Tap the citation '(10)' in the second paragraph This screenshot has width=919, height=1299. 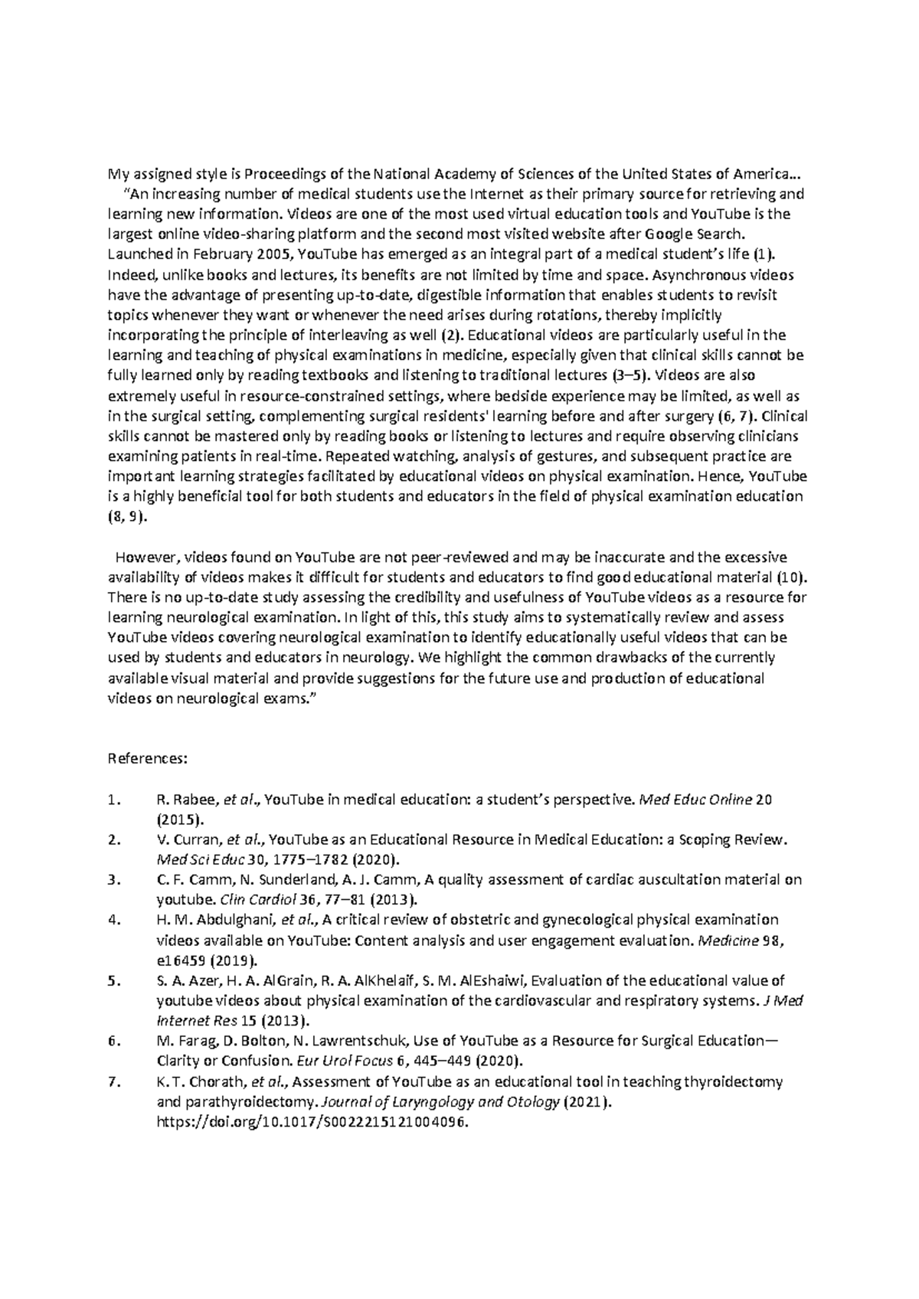coord(791,577)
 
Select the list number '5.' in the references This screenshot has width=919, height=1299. coord(115,980)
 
